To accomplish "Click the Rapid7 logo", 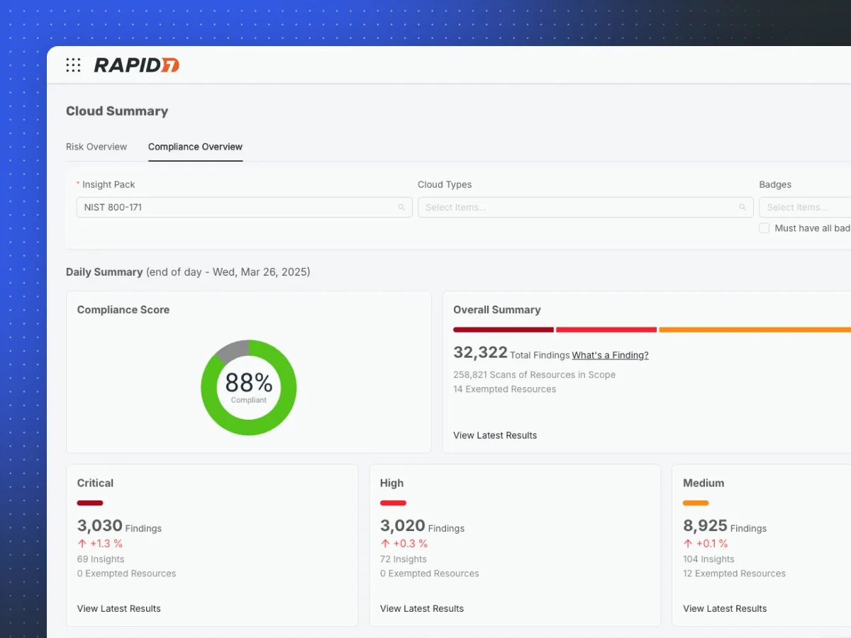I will [x=137, y=65].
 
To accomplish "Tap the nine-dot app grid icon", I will [x=73, y=65].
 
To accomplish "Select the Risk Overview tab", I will [x=96, y=147].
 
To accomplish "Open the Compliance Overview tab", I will [x=195, y=147].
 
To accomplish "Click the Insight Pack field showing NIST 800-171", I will [x=244, y=207].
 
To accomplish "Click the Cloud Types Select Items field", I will [x=585, y=207].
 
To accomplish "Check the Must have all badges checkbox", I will [x=764, y=228].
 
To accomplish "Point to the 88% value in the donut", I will [x=249, y=384].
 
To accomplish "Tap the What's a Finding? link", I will [x=610, y=355].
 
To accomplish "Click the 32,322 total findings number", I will [x=480, y=352].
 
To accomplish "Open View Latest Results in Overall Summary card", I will [x=495, y=435].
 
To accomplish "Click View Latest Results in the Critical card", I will [x=119, y=608].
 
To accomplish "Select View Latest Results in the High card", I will [x=422, y=608].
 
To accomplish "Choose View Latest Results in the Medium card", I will [x=725, y=608].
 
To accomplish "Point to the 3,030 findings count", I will [x=99, y=526].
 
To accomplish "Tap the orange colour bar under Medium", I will [x=696, y=503].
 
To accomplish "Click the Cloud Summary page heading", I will [x=117, y=111].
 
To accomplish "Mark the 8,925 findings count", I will [x=705, y=526].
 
